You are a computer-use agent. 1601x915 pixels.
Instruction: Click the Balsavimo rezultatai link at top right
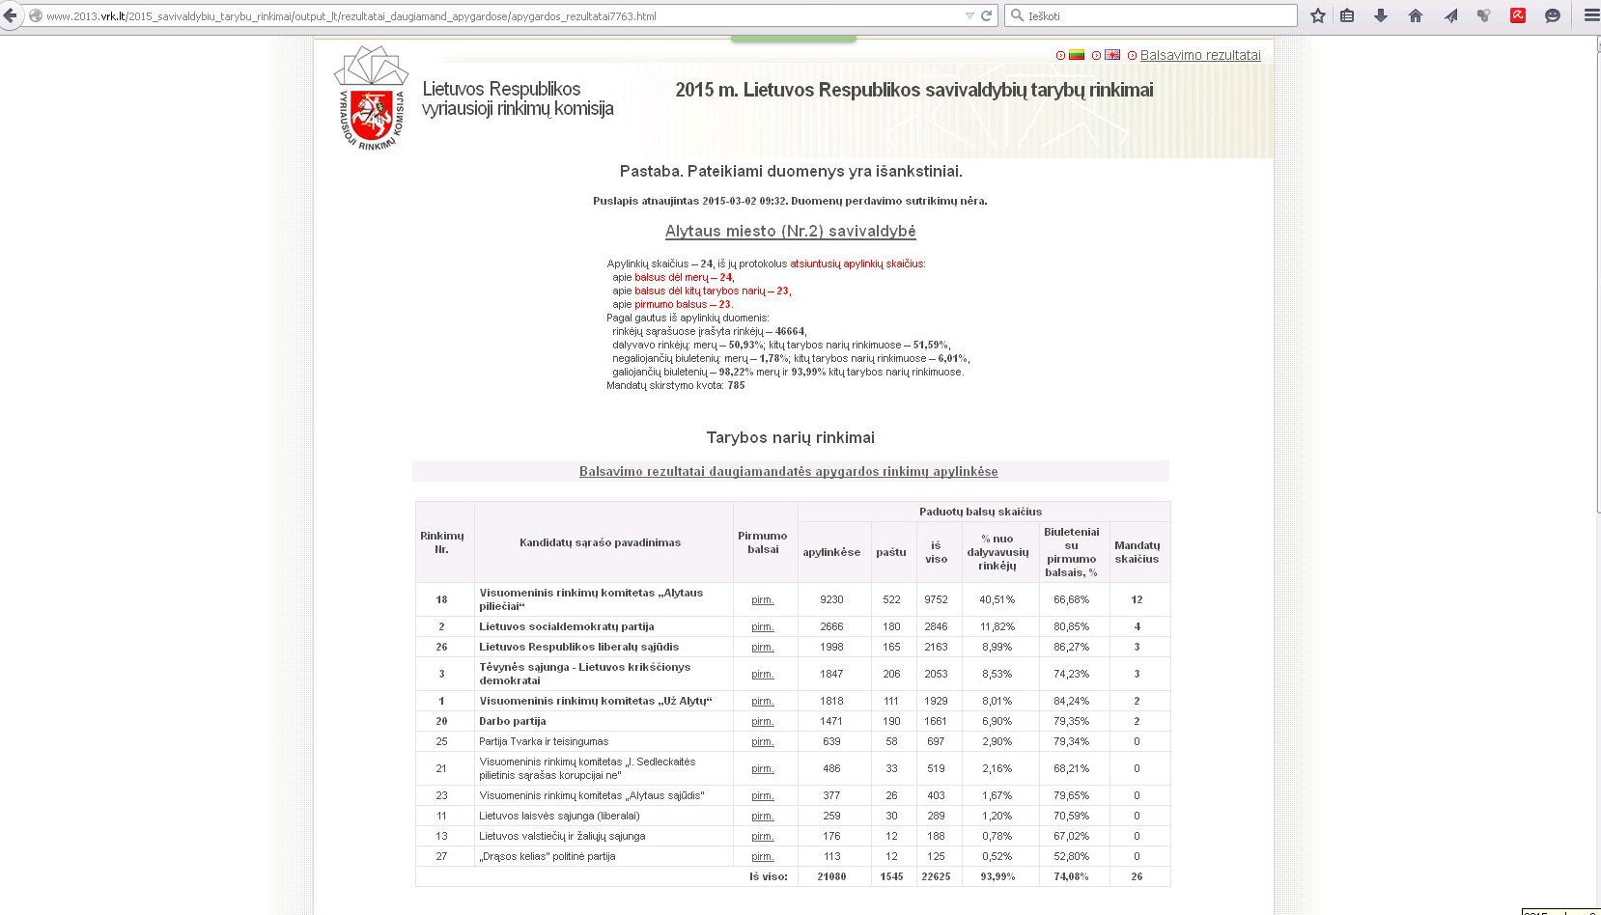point(1199,55)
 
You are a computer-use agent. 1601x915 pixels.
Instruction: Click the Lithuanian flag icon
point(1077,55)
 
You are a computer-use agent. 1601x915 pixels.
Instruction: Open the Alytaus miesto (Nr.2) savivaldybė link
point(790,232)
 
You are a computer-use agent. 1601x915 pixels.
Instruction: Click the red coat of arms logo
point(372,117)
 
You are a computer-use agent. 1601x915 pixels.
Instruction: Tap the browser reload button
point(987,15)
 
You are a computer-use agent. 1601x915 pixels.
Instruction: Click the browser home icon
point(1416,15)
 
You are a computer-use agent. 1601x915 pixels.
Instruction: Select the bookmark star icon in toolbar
point(1318,15)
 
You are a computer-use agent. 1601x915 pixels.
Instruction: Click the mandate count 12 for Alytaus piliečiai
point(1137,599)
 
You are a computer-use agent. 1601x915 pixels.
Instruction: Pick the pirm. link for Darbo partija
point(763,721)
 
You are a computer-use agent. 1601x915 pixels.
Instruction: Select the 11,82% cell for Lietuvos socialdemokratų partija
point(997,626)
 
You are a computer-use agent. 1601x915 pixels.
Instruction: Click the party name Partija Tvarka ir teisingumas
point(544,741)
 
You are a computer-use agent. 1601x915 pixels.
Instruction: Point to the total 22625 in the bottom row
point(936,876)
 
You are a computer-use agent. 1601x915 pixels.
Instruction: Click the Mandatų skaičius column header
point(1137,552)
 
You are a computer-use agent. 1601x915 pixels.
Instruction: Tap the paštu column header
point(890,552)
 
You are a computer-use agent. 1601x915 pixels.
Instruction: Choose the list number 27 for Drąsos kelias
point(441,856)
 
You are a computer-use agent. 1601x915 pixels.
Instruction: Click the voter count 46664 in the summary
point(789,331)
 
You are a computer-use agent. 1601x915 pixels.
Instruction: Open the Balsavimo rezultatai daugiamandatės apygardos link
point(788,472)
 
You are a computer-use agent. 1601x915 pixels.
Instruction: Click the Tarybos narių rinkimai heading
point(790,437)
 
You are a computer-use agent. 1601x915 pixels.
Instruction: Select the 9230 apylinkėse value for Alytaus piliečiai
point(831,599)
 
